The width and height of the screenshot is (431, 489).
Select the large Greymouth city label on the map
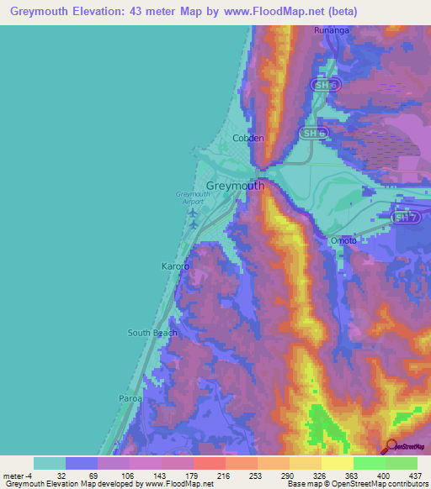[235, 186]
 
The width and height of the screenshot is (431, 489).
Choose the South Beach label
[152, 333]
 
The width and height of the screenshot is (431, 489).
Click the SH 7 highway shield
[406, 218]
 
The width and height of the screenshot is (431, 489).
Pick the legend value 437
[416, 476]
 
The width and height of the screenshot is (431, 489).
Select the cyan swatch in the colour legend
[50, 463]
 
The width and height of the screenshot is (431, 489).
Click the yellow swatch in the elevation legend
[337, 463]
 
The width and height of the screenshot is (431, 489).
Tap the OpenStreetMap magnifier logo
[390, 446]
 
